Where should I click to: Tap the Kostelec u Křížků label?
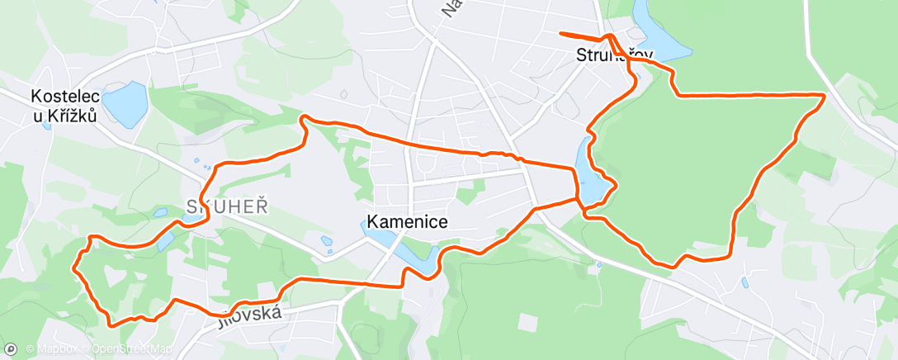64,106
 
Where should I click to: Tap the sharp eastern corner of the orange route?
824,96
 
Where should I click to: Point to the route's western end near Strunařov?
561,33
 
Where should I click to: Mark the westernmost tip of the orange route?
75,268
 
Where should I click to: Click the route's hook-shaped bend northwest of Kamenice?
303,121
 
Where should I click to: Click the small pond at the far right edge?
744,282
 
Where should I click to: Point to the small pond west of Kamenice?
328,241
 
